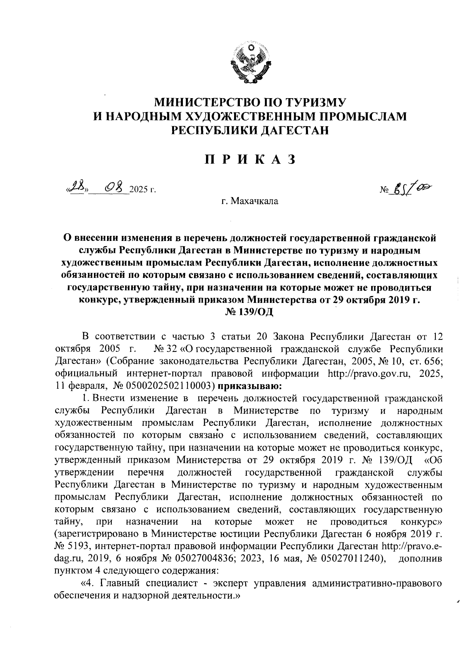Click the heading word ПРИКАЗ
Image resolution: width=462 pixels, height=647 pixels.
click(x=250, y=159)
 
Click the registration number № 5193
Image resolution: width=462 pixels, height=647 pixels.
click(x=73, y=547)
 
